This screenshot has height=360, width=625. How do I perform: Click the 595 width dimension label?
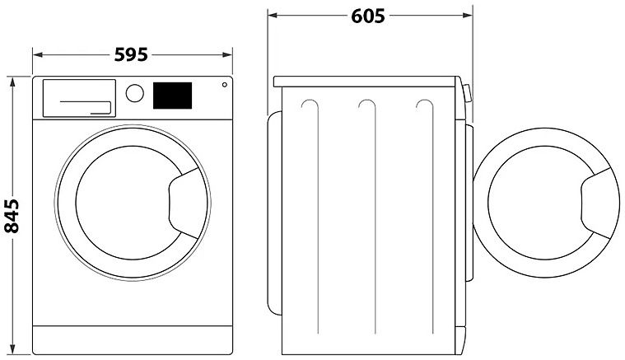(x=131, y=54)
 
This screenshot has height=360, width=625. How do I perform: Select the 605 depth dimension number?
(x=368, y=16)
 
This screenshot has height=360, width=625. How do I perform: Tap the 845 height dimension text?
(x=12, y=216)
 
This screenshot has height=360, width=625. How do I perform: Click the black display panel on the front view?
(x=173, y=96)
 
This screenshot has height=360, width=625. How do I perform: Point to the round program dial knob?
(x=135, y=93)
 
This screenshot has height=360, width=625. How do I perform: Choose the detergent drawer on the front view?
(x=79, y=98)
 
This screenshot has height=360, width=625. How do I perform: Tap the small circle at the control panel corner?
(x=225, y=85)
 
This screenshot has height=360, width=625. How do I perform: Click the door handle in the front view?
(x=184, y=203)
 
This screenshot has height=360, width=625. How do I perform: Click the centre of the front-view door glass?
(x=128, y=203)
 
